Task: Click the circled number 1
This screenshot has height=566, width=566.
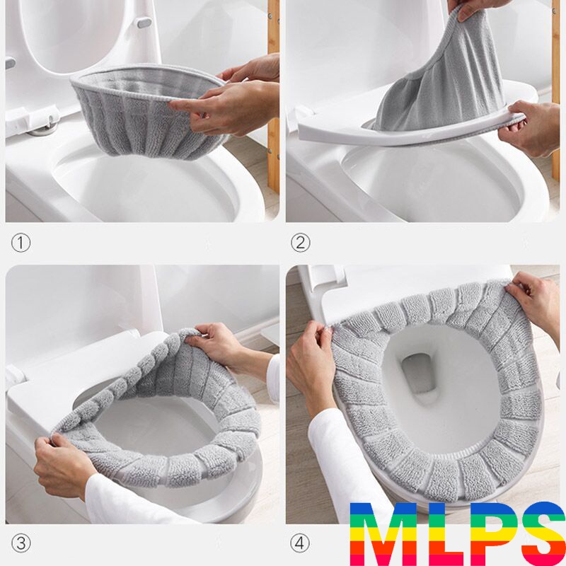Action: coord(21,243)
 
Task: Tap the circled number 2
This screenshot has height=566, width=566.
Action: coord(300,243)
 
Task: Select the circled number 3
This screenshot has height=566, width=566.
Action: coord(21,543)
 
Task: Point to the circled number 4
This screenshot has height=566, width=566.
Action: coord(300,543)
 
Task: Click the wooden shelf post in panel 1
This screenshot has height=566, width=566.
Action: coord(273,98)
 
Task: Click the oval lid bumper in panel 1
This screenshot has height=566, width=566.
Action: coord(144,23)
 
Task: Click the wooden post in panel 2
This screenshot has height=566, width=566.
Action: coord(555,91)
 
